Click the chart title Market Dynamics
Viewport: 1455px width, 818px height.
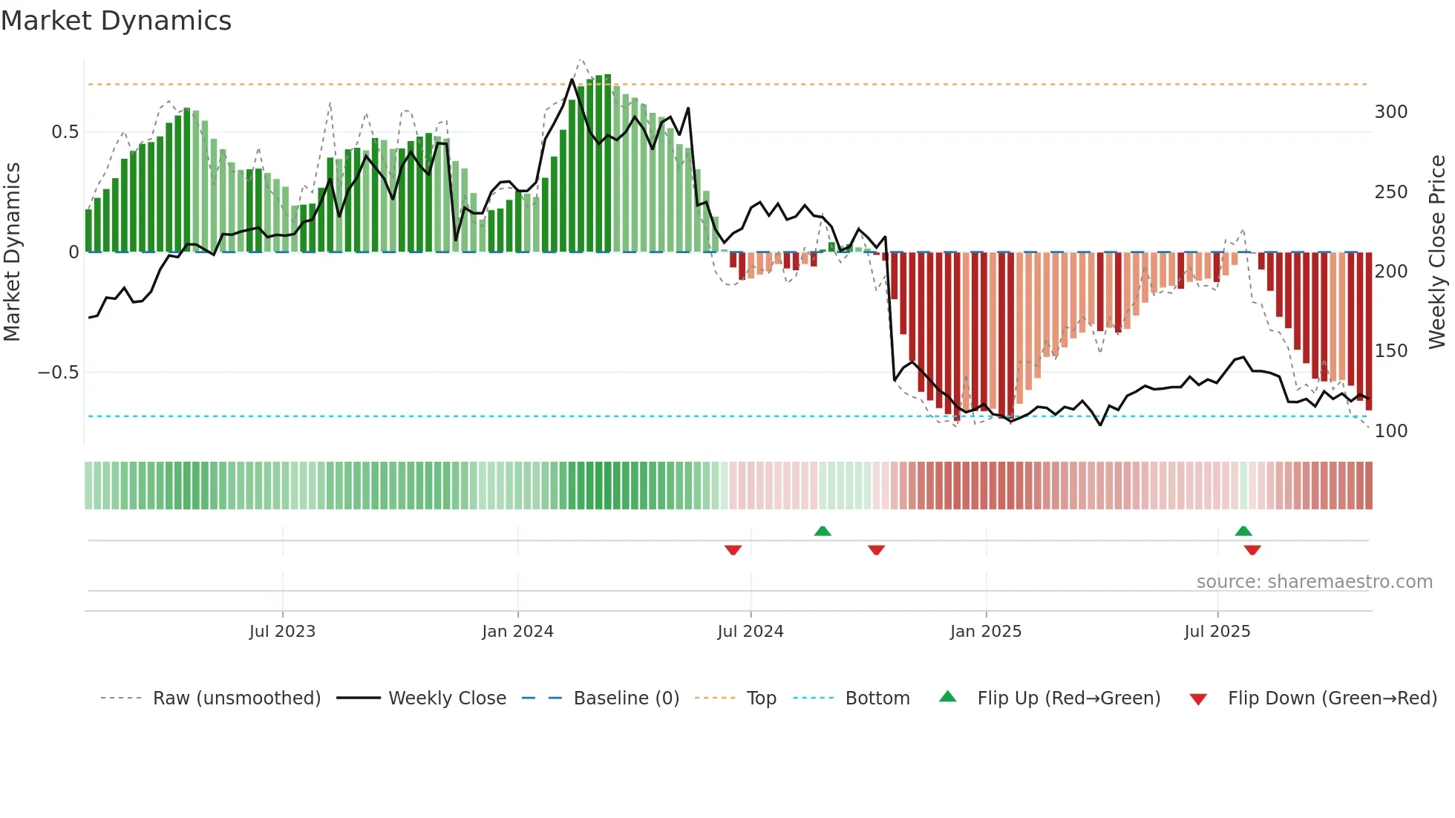117,21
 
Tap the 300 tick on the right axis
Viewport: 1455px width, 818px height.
1390,112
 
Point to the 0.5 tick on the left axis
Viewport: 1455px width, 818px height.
65,132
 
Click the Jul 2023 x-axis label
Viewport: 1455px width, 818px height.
282,632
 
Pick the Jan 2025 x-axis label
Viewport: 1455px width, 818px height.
986,632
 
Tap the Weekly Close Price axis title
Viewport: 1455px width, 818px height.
1437,252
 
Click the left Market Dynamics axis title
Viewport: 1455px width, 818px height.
12,252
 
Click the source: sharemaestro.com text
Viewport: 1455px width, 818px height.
1314,582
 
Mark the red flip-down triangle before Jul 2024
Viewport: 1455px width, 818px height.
733,550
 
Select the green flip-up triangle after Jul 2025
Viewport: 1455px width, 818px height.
1243,531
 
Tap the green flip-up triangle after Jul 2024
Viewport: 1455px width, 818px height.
823,531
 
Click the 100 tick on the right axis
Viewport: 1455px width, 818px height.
1390,431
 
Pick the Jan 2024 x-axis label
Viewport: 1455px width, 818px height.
517,632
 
